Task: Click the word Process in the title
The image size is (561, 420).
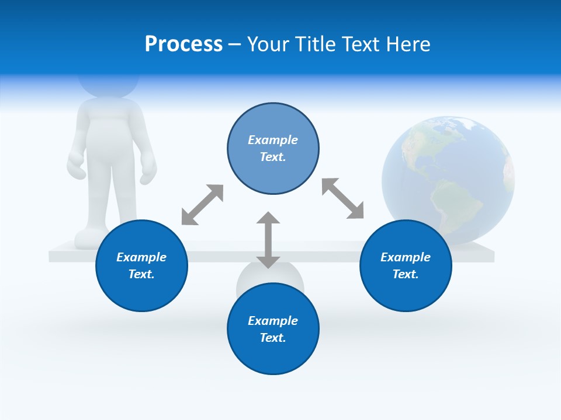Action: coord(183,44)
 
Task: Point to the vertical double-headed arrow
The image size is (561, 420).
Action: coord(268,240)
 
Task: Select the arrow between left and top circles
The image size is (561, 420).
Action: coord(202,205)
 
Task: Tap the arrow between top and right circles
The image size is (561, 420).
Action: coord(342,198)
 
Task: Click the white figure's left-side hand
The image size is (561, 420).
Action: coord(77,166)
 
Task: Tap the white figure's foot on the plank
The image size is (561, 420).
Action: coord(88,239)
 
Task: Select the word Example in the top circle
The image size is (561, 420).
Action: coord(273,140)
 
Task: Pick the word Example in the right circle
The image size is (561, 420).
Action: coord(406,257)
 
